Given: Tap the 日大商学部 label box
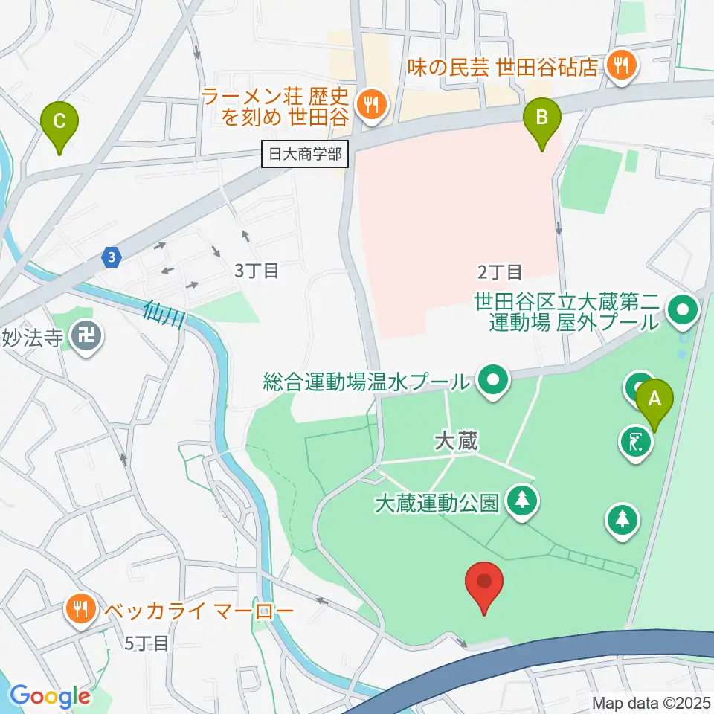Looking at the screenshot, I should (x=306, y=155).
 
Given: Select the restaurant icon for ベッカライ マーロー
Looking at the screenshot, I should (x=80, y=610).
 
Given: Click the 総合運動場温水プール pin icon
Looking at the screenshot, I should (x=492, y=382).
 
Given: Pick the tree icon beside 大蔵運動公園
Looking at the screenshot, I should (x=522, y=501).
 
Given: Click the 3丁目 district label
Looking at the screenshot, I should (x=256, y=271).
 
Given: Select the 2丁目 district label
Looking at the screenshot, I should (x=500, y=271).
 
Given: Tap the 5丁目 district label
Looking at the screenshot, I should (x=147, y=643).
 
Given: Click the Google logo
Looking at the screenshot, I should (x=51, y=697).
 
